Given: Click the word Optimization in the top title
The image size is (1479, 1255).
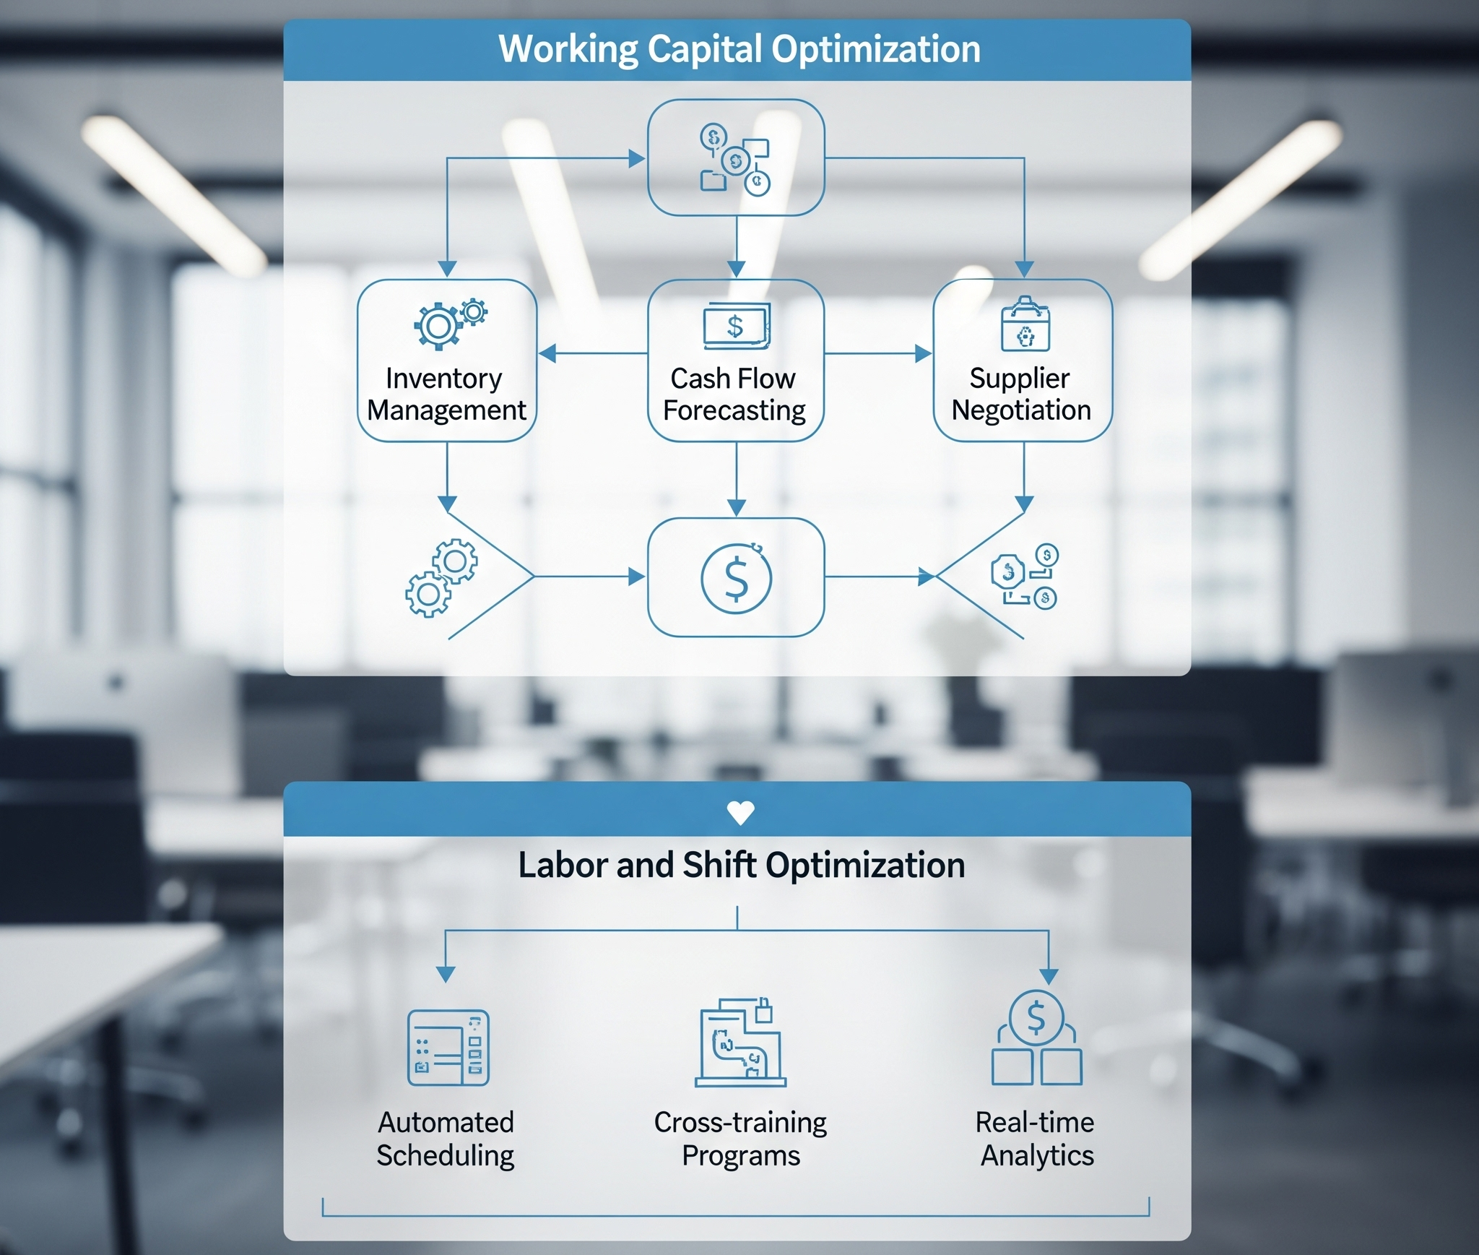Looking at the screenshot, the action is click(875, 50).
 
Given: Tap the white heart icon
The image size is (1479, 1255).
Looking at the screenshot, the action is click(740, 813).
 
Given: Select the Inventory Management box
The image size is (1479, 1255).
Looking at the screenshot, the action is click(447, 361).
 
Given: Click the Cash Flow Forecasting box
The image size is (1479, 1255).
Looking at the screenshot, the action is click(736, 361).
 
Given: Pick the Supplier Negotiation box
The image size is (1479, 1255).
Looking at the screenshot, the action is click(1023, 361).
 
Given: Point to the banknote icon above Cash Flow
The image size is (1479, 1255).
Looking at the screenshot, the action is click(737, 326).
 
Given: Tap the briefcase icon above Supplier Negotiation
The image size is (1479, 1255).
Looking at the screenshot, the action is click(1025, 324).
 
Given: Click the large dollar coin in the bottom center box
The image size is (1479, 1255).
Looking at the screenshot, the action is click(736, 578).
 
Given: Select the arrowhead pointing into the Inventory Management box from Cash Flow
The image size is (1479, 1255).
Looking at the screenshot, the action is click(547, 353).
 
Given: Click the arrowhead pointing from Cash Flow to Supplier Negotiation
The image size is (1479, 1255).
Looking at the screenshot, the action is click(923, 353).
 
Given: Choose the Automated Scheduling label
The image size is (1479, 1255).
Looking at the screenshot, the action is click(446, 1139).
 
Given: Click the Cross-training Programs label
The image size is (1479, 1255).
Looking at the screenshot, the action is click(740, 1139).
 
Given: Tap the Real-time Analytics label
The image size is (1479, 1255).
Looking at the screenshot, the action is click(1036, 1139).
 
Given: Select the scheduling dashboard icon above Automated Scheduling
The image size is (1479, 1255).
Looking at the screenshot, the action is click(448, 1048).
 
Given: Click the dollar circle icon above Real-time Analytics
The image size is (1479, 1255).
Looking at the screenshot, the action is click(1036, 1017).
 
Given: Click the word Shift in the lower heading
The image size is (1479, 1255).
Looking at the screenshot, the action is click(719, 866).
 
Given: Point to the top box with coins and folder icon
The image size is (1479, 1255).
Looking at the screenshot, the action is click(736, 158).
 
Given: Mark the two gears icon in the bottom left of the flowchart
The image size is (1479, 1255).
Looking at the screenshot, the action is click(441, 577).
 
